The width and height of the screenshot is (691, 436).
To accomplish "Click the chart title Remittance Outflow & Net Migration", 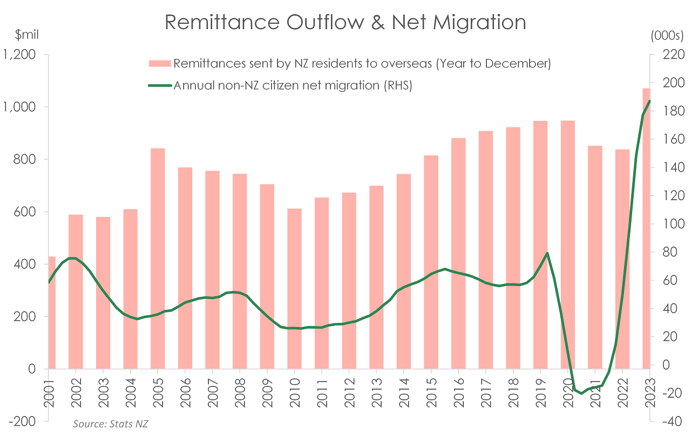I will tap(345, 22).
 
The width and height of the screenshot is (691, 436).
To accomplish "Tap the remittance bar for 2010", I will tap(294, 288).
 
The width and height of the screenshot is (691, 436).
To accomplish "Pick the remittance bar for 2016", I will tap(458, 253).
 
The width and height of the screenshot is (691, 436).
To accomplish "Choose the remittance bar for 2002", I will tap(76, 291).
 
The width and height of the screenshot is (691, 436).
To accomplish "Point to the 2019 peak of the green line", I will tap(547, 253).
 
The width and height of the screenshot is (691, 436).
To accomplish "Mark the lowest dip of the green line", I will tap(581, 393).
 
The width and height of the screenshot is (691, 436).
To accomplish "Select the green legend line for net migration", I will tap(160, 85).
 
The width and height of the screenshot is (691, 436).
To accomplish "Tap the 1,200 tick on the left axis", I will tap(19, 54).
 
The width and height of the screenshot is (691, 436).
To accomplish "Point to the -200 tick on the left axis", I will tap(22, 421).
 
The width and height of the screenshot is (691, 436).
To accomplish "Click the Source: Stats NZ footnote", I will tap(111, 424).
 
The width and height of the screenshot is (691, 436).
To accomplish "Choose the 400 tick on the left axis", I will tap(24, 264).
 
